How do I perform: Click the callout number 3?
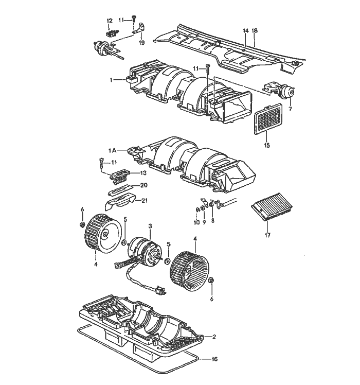pos(150,226)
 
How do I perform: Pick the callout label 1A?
pos(113,150)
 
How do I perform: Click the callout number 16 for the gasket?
pos(215,359)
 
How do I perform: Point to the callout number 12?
pos(109,21)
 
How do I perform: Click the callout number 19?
pos(141,43)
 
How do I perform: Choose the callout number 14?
pos(246,31)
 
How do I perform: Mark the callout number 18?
pos(255,31)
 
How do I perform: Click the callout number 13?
pos(143,173)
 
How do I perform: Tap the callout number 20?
pos(143,185)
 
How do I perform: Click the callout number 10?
pos(196,223)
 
